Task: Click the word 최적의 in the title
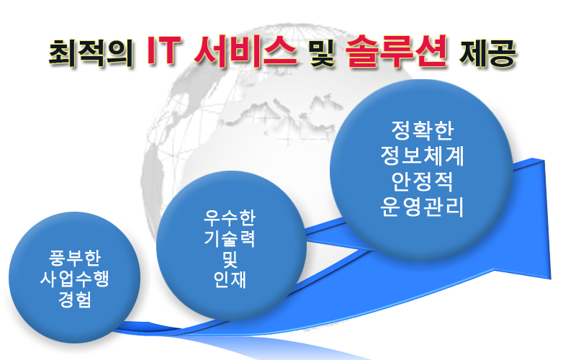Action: [91, 53]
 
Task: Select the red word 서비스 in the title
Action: [245, 52]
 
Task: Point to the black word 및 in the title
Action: [322, 53]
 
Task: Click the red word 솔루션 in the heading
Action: [397, 52]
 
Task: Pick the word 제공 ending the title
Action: [488, 53]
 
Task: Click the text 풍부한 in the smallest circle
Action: [75, 258]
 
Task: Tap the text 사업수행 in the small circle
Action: [75, 279]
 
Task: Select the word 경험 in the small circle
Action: [75, 300]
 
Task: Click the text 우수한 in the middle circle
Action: [230, 217]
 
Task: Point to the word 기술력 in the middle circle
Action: [230, 238]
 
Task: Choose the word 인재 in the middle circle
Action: [230, 280]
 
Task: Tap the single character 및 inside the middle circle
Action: [230, 259]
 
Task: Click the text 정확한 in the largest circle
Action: [423, 130]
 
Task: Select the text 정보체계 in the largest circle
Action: [423, 156]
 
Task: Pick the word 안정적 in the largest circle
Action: [423, 181]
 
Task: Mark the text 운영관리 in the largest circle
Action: [423, 207]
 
